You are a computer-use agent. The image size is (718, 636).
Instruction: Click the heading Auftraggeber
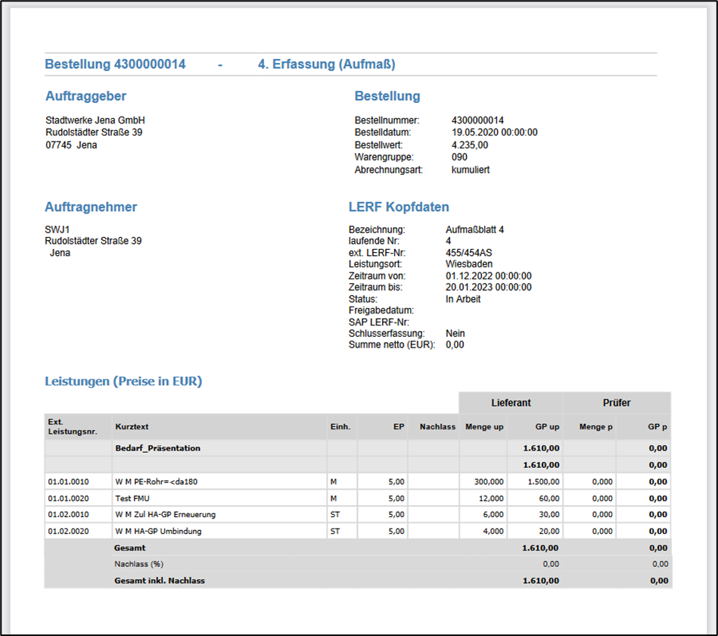85,96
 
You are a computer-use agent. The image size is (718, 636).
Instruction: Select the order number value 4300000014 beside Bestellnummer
477,120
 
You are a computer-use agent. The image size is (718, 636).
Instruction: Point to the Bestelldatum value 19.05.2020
494,132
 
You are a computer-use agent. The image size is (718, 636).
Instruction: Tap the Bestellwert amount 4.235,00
470,145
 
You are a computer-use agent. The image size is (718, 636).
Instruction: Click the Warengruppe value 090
459,157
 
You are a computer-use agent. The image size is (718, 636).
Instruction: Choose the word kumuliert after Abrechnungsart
471,170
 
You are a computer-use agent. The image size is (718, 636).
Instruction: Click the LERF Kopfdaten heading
399,207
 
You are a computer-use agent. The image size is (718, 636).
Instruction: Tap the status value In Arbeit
463,299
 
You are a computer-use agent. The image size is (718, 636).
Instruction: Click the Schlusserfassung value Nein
455,333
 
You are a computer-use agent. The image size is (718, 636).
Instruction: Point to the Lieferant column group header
511,403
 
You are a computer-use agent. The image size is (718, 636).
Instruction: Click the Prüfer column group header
617,403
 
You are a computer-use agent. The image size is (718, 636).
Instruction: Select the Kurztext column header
132,427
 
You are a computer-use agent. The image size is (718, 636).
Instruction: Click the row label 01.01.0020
68,498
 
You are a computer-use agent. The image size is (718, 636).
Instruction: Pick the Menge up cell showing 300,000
488,482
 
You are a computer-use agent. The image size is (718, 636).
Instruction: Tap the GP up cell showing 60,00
548,498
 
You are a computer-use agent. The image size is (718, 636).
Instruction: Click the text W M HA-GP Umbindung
158,532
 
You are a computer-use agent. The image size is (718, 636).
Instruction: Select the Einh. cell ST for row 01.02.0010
334,515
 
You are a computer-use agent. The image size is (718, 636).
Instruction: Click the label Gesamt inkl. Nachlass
160,581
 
